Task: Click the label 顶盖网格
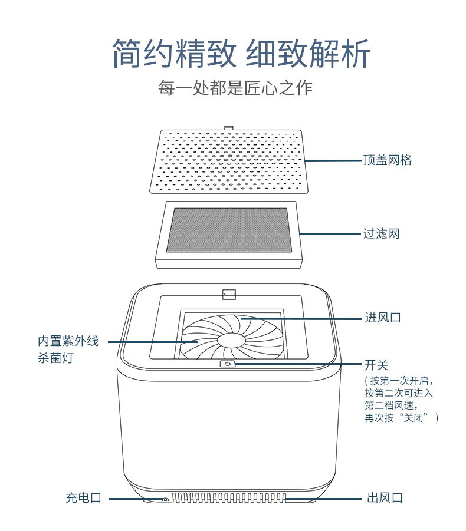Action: (x=388, y=160)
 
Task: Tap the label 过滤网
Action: (x=381, y=233)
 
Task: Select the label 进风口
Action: (x=383, y=317)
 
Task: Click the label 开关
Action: (x=376, y=365)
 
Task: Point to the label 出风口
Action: (x=385, y=498)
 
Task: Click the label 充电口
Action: (x=84, y=498)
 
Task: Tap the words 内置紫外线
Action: (x=68, y=341)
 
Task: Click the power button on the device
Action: (x=228, y=364)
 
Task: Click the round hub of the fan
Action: (x=231, y=340)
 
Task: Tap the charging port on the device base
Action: (x=165, y=499)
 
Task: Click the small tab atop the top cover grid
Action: (x=228, y=128)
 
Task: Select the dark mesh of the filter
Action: (x=229, y=230)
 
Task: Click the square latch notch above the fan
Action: (x=229, y=294)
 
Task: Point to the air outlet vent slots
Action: (x=229, y=497)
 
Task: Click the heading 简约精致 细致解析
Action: (x=241, y=54)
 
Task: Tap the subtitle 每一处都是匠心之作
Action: (x=235, y=88)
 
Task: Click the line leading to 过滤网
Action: (x=330, y=234)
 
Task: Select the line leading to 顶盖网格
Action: (x=333, y=160)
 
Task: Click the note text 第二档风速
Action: (x=389, y=405)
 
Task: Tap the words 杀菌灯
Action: (x=55, y=358)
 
